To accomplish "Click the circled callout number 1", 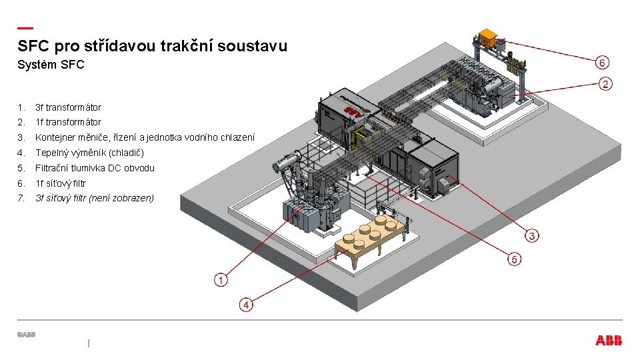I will (x=221, y=280).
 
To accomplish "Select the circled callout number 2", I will (x=605, y=84).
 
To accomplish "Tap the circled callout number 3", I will (x=532, y=235).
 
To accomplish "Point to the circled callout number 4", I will (x=247, y=305).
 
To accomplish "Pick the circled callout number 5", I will (x=514, y=259).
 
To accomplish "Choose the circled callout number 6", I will (x=601, y=63).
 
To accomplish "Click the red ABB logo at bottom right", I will (x=609, y=340).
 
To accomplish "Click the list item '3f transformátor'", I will (x=68, y=107).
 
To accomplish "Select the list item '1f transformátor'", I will (x=68, y=122).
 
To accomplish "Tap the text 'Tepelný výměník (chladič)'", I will (x=85, y=153).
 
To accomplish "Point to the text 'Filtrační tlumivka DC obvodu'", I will (x=95, y=168).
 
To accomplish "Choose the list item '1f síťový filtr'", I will (x=61, y=183).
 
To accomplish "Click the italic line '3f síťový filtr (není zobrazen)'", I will (x=94, y=198).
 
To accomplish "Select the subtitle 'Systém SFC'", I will (x=51, y=65).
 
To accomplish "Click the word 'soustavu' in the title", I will (x=256, y=46).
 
